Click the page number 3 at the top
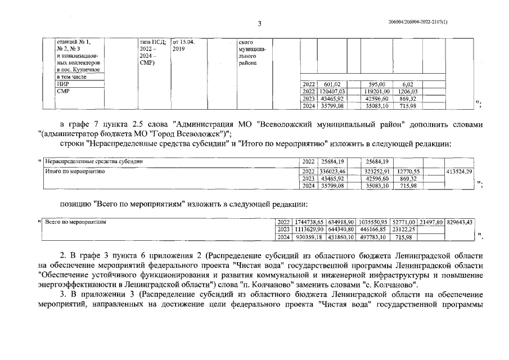click(259, 24)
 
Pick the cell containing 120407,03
click(331, 91)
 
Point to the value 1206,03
click(408, 91)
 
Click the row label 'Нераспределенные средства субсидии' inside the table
click(94, 161)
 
